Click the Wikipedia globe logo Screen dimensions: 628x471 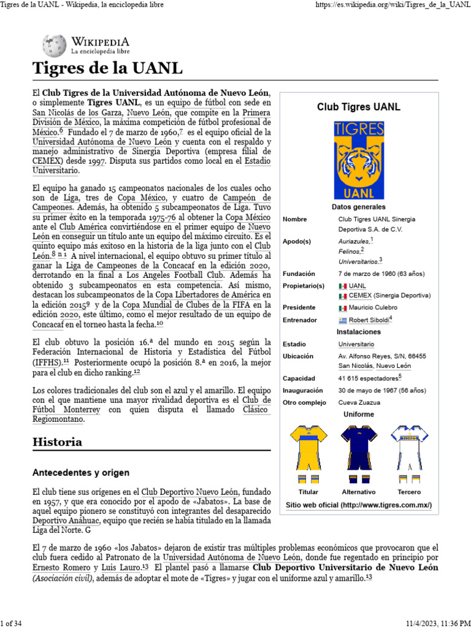click(55, 46)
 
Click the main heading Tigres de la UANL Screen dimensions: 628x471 click(107, 67)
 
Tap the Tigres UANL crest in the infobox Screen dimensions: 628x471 click(358, 159)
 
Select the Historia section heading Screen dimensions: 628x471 click(57, 442)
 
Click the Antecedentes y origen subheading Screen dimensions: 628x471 click(80, 472)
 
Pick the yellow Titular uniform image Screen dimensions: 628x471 click(308, 453)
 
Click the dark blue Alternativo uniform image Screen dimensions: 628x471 click(358, 453)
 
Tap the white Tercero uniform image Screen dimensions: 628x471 click(408, 453)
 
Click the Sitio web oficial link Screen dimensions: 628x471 click(359, 505)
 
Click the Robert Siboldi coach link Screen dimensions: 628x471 click(369, 320)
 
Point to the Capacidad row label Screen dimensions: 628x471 click(299, 378)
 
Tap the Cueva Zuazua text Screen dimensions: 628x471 click(359, 402)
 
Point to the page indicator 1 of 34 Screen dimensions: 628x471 click(12, 623)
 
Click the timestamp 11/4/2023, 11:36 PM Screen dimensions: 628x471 click(436, 623)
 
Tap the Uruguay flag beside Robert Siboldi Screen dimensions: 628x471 click(343, 320)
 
